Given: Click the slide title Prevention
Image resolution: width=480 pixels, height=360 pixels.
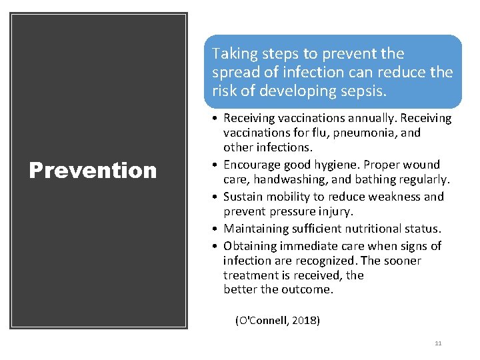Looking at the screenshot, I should point(93,171).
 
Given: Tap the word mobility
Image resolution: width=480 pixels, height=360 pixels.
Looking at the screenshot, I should point(291,197).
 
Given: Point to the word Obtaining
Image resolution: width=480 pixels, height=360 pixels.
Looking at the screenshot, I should point(249,246).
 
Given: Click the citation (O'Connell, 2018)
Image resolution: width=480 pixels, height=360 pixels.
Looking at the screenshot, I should point(277,321).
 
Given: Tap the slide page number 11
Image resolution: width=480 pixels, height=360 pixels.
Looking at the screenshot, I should point(437,343).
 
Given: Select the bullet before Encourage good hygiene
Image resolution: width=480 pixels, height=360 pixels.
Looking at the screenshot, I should point(216,165).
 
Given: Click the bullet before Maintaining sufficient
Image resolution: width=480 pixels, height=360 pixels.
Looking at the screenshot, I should point(216,229).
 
